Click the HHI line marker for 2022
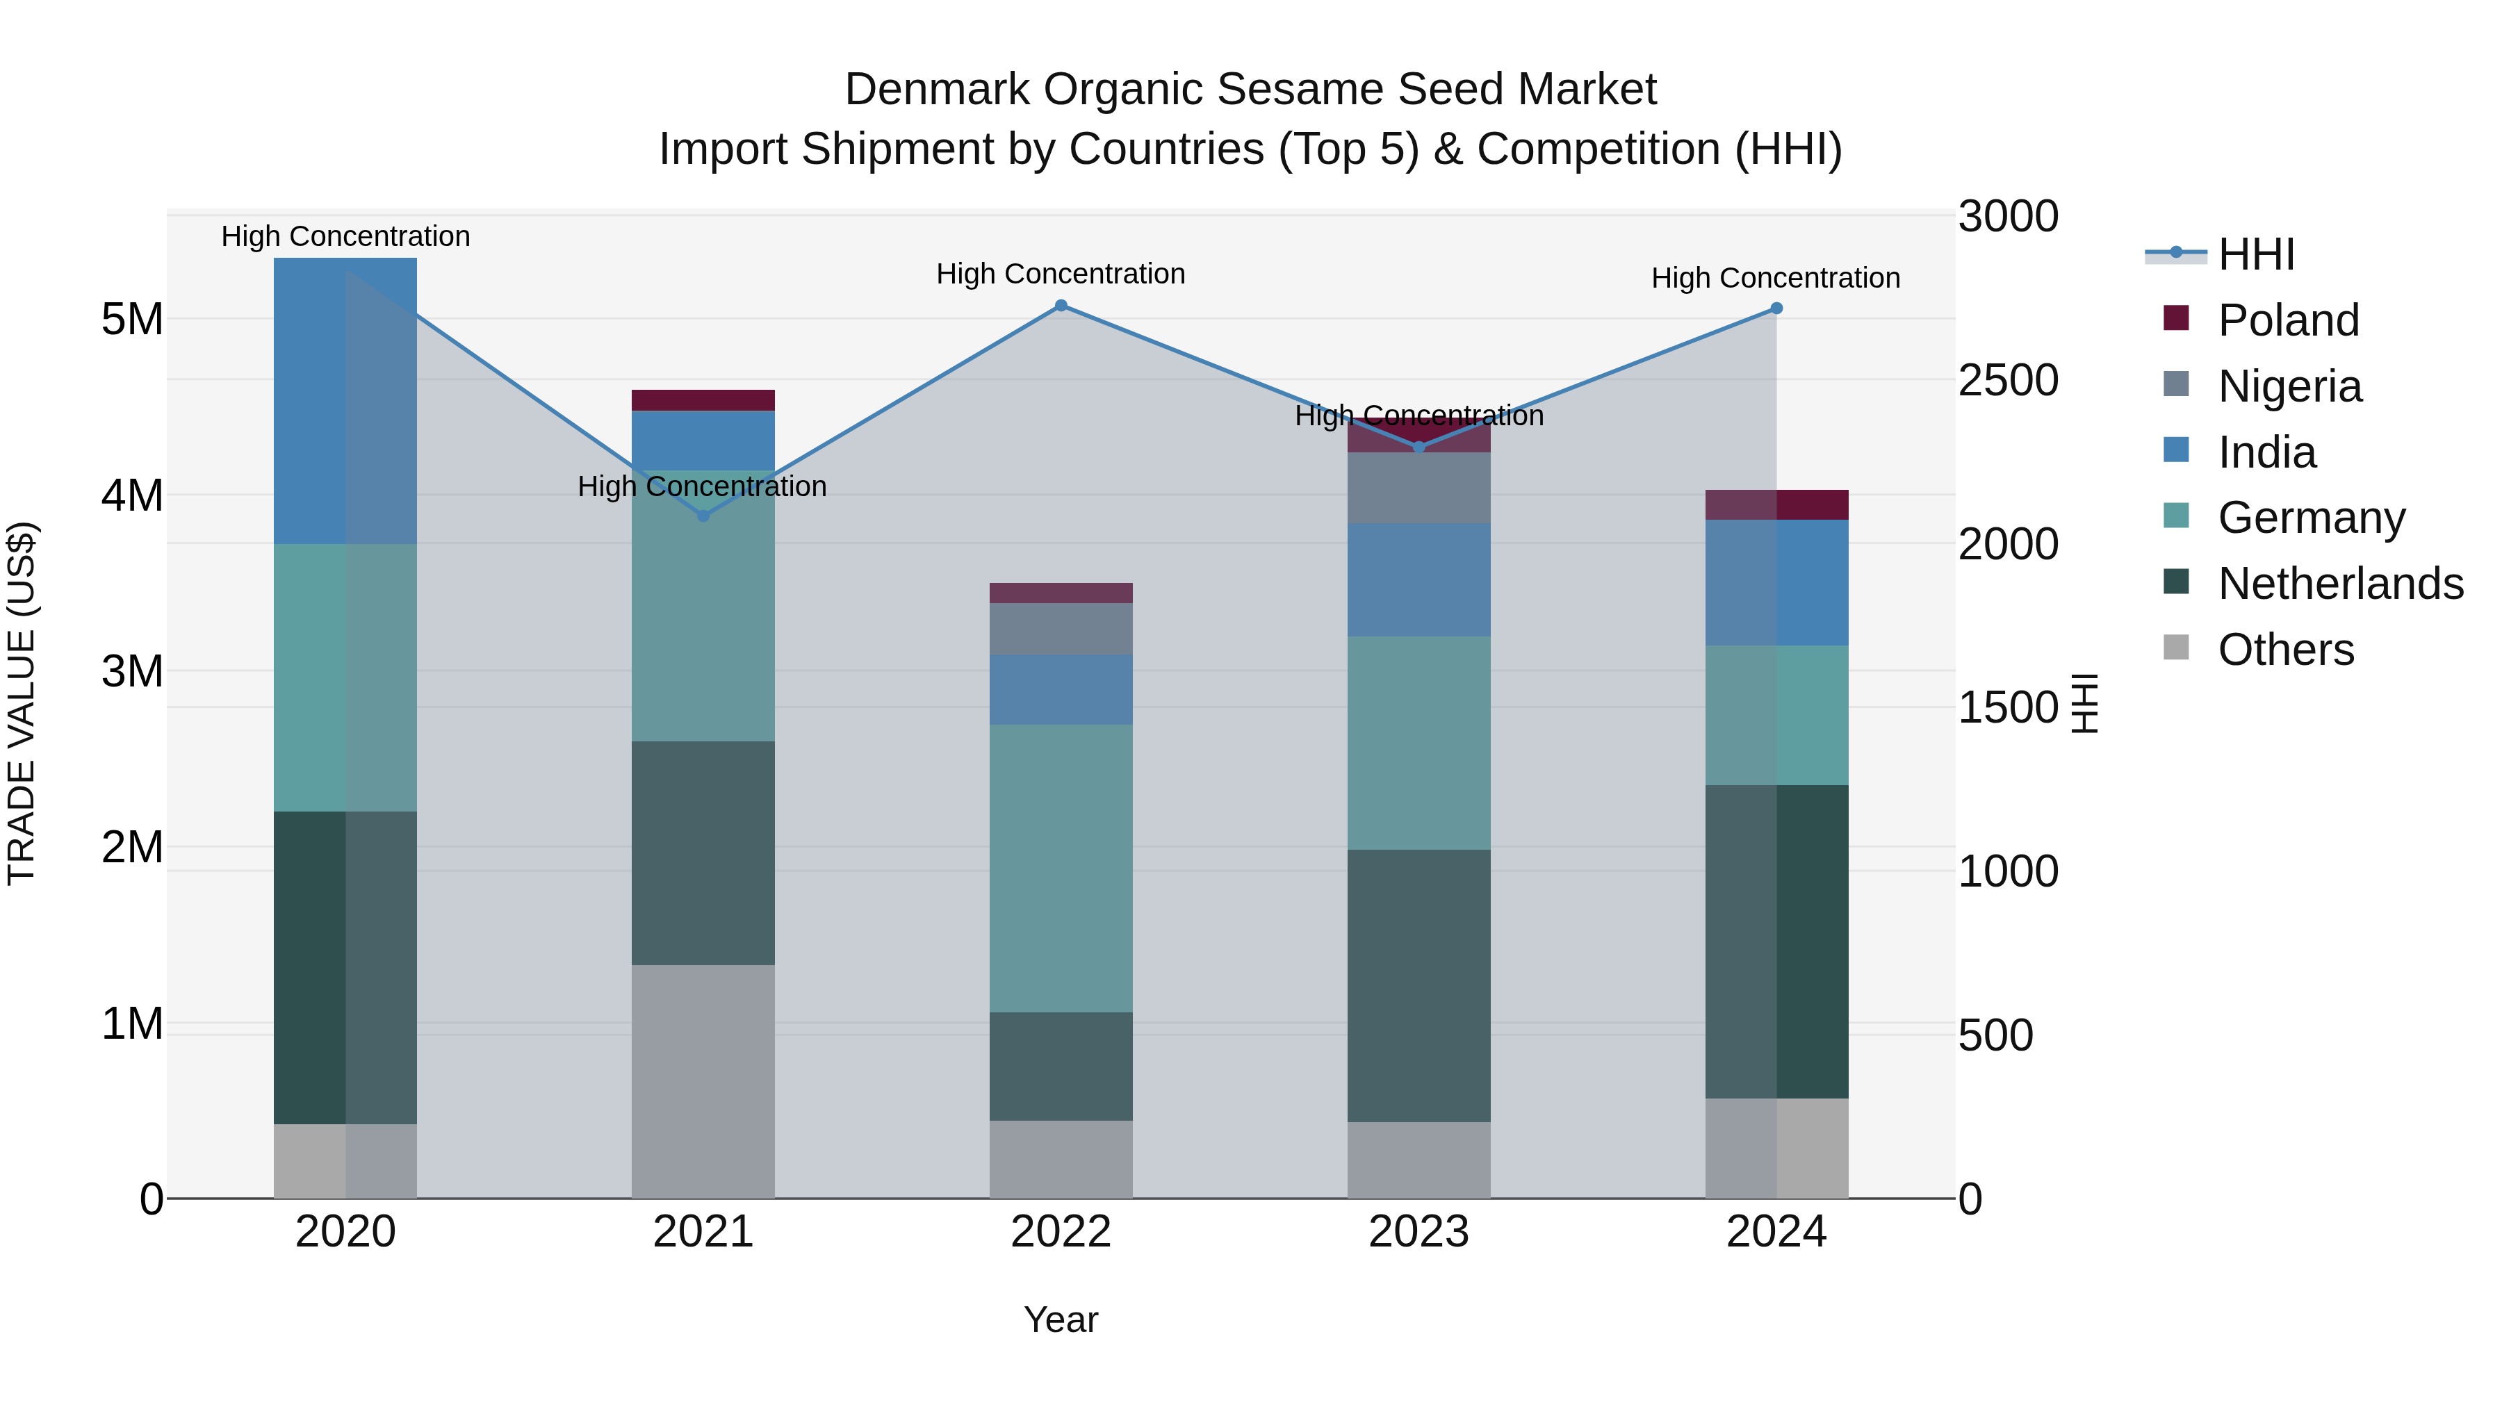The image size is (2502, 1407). pyautogui.click(x=1061, y=306)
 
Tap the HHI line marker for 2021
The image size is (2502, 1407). pyautogui.click(x=703, y=516)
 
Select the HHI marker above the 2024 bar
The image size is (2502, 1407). pyautogui.click(x=1776, y=308)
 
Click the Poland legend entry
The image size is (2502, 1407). pyautogui.click(x=2287, y=320)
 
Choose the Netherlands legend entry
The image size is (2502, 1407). pyautogui.click(x=2340, y=584)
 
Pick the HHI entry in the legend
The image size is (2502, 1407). pyautogui.click(x=2255, y=254)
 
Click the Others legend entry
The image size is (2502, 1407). pyautogui.click(x=2285, y=650)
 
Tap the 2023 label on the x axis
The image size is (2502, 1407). pyautogui.click(x=1418, y=1232)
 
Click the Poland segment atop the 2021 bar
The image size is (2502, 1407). pyautogui.click(x=703, y=400)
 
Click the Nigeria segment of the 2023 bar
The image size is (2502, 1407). pyautogui.click(x=1418, y=488)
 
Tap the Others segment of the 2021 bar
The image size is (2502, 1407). pyautogui.click(x=703, y=1080)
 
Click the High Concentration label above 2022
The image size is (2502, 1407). pyautogui.click(x=1061, y=274)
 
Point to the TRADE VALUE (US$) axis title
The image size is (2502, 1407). pyautogui.click(x=22, y=703)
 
